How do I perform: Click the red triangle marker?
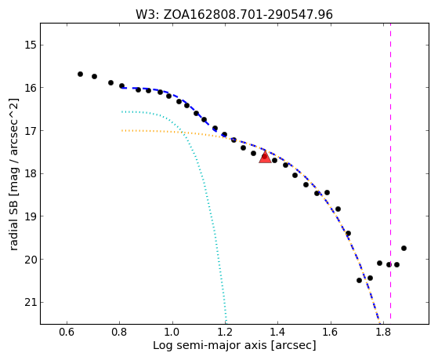tap(265, 157)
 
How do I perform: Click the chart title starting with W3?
tap(234, 15)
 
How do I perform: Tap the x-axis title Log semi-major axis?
tap(234, 345)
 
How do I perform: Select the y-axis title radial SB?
tap(13, 174)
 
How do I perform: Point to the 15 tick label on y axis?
tap(30, 45)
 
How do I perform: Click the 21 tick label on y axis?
tap(30, 303)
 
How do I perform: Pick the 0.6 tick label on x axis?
tap(67, 332)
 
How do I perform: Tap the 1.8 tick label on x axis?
tap(383, 332)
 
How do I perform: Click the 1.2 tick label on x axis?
tap(225, 332)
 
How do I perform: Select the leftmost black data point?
tap(80, 75)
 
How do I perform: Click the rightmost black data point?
tap(404, 248)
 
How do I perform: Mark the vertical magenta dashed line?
tap(390, 171)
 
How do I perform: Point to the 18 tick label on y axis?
tap(30, 173)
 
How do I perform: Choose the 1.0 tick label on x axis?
tap(172, 332)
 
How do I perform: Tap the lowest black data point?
tap(359, 280)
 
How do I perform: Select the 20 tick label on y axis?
tap(30, 260)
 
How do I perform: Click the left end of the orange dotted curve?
tap(122, 130)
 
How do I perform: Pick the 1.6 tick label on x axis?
tap(331, 332)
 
